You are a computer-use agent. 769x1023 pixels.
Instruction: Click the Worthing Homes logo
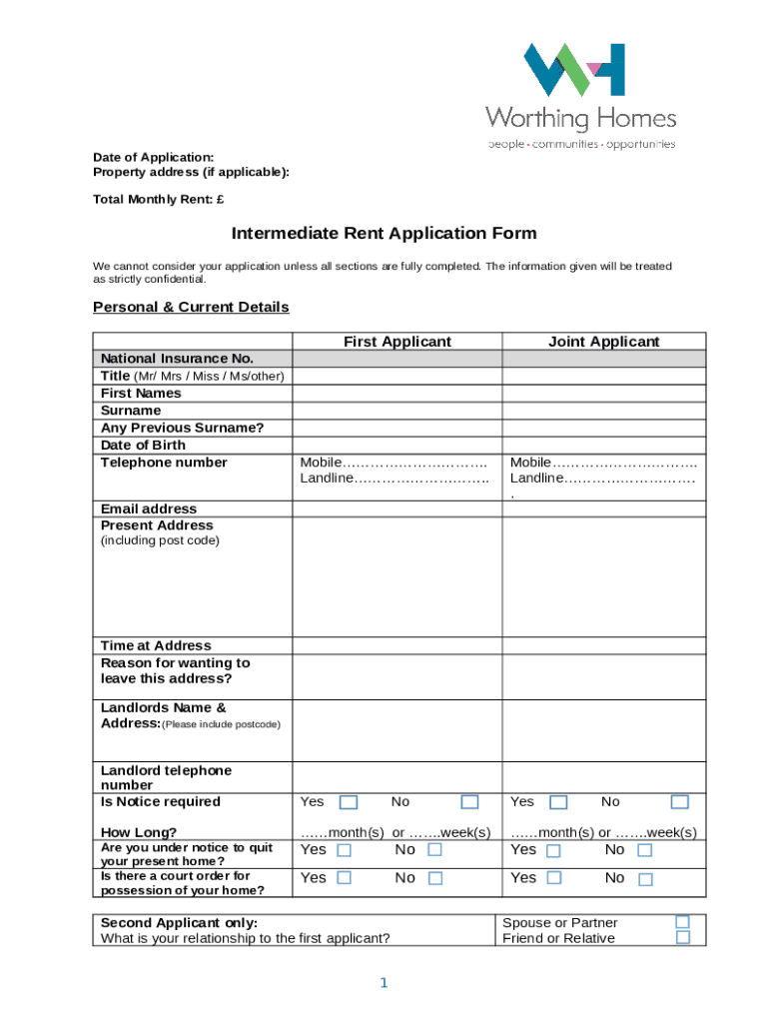coord(580,96)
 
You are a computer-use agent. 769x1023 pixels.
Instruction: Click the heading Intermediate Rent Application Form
coord(384,234)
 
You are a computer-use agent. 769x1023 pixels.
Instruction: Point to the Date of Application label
coord(153,157)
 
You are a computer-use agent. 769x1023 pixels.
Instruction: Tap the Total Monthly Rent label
coord(158,200)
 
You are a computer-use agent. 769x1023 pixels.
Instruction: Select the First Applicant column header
coord(396,342)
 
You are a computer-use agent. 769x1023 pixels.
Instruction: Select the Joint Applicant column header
coord(603,342)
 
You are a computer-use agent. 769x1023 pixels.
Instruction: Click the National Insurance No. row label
coord(177,359)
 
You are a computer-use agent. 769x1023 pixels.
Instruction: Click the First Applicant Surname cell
coord(396,411)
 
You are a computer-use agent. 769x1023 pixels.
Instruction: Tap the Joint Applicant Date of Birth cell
coord(603,445)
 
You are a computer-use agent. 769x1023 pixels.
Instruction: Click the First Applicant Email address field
coord(396,509)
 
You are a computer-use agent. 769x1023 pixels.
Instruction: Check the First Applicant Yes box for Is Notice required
coord(349,802)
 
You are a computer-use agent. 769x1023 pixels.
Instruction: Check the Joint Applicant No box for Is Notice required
coord(679,802)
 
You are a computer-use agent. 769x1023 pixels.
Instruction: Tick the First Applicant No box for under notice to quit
coord(434,850)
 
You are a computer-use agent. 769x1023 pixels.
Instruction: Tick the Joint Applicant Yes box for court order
coord(553,878)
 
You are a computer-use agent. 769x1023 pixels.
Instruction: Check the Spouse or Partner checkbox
coord(682,922)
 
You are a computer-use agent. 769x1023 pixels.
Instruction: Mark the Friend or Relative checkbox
coord(682,938)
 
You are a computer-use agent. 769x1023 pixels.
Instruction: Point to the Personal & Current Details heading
coord(191,307)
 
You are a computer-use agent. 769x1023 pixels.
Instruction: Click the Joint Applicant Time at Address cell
coord(603,645)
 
